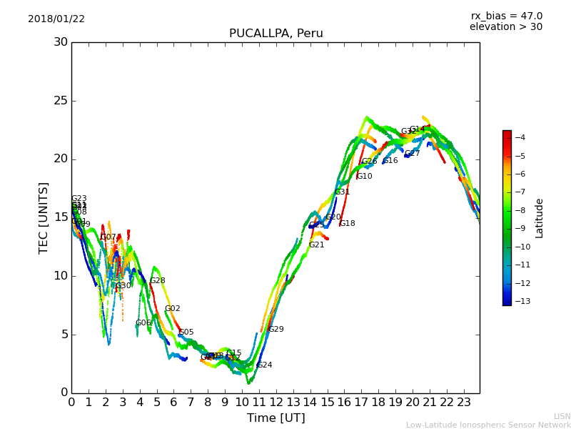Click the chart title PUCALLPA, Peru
pos(276,34)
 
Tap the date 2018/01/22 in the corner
pos(56,19)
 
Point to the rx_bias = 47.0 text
pos(506,16)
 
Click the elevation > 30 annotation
pos(505,27)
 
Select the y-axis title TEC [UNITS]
pos(44,217)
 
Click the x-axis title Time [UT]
pos(276,418)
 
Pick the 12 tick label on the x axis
pos(276,402)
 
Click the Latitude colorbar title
pos(540,217)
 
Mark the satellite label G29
pos(276,330)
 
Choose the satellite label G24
pos(264,365)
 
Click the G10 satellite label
pos(364,177)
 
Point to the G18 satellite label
pos(347,224)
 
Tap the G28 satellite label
pos(157,281)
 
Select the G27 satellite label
pos(413,154)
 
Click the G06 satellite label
pos(143,323)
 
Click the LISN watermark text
pos(562,416)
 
